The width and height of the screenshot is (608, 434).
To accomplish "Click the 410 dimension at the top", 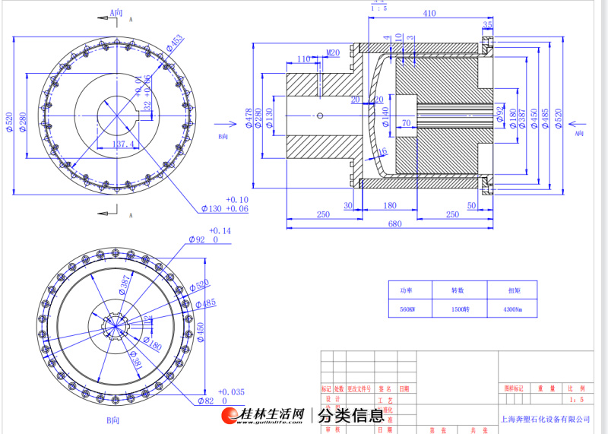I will coord(429,13).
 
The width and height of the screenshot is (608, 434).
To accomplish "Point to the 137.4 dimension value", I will coord(123,144).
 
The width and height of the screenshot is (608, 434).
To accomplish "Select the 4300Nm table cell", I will coord(514,310).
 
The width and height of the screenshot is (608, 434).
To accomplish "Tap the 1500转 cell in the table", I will coord(458,310).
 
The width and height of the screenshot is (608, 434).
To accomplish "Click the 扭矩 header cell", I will coord(514,290).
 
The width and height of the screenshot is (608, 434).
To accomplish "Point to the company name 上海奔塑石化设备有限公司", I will coord(546,419).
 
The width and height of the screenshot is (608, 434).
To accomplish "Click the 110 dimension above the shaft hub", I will coord(304,59).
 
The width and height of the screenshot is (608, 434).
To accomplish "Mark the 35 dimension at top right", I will coord(487,26).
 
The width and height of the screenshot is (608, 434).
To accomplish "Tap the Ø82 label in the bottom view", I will coord(205,401).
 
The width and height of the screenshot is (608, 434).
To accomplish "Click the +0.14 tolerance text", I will coord(219,230).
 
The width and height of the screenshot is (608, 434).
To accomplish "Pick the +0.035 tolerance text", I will coord(233,391).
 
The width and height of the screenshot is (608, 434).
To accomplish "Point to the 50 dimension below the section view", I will coord(472,206).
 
